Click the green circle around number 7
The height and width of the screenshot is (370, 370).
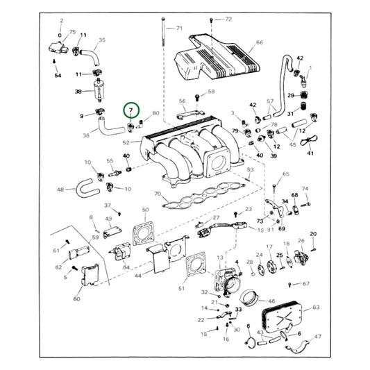coord(131,111)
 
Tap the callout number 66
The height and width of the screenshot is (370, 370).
coord(259,42)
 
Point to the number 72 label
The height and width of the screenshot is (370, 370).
coord(228,19)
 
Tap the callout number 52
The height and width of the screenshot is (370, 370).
coord(126,142)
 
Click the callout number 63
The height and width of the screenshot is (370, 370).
coord(316,306)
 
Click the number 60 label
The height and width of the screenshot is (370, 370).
coord(76,299)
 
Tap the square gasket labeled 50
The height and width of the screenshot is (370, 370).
coord(146,235)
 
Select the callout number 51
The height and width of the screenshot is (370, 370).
coord(182,288)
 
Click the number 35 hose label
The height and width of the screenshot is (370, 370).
coord(102,40)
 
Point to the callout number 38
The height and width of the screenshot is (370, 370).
coord(78,92)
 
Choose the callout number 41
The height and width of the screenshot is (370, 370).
coord(310,153)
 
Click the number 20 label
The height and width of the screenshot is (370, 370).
coord(313,234)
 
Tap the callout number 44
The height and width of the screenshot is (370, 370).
coord(138,276)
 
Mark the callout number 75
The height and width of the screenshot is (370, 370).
coord(72,31)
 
